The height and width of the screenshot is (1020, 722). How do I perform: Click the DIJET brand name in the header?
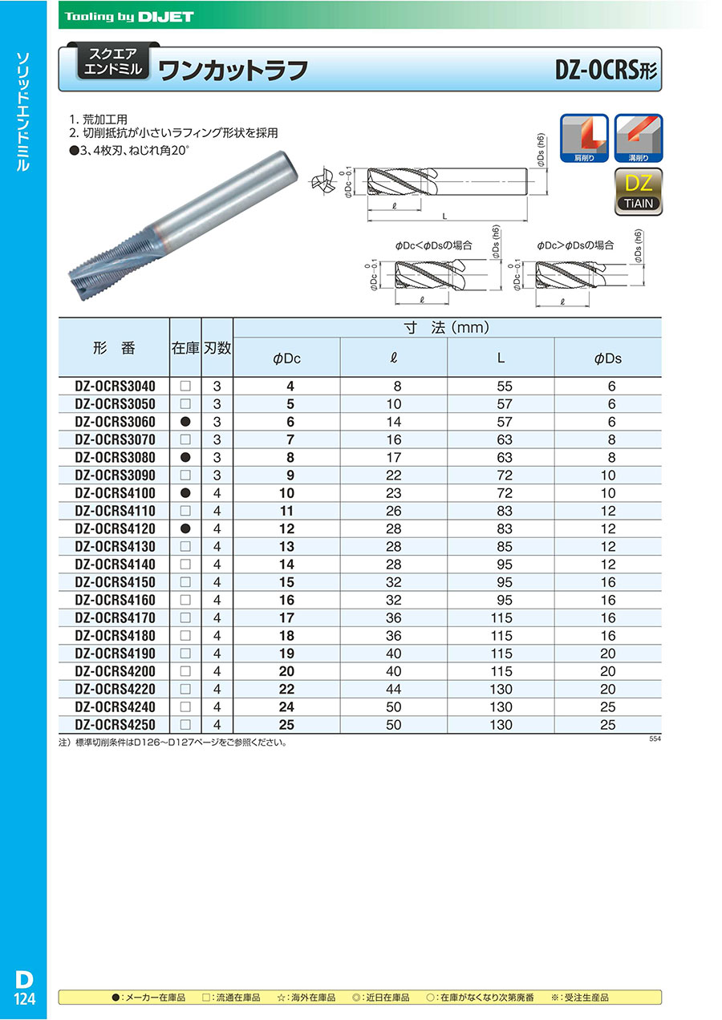[x=166, y=16]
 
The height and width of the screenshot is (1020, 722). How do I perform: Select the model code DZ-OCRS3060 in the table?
[x=114, y=422]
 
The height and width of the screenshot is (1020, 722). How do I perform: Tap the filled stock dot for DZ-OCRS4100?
[x=185, y=493]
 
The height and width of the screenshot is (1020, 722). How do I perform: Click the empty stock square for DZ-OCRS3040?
[x=185, y=387]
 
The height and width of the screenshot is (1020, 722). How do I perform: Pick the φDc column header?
[x=286, y=358]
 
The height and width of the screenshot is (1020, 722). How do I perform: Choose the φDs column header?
[x=607, y=358]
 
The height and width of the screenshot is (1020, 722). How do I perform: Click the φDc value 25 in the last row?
[x=286, y=725]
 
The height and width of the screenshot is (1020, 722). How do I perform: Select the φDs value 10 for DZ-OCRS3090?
[x=607, y=476]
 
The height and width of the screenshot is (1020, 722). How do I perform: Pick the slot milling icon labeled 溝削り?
[x=639, y=136]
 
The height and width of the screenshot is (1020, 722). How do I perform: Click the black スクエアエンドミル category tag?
[x=112, y=62]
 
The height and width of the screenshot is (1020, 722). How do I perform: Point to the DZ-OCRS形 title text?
[x=606, y=71]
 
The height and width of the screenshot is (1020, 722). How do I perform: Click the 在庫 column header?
[x=185, y=348]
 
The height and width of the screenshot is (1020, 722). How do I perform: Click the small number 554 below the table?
[x=655, y=739]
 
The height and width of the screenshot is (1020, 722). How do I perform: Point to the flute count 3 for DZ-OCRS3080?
[x=217, y=458]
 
